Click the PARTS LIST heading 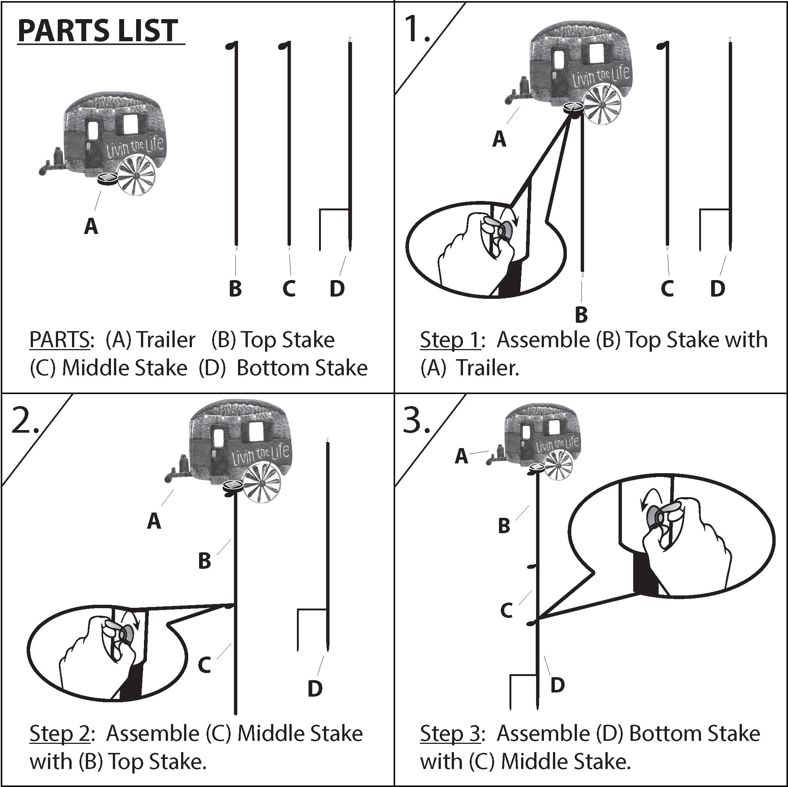coord(98,31)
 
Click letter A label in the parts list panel coord(91,226)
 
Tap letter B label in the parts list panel coord(235,288)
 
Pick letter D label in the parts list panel coord(337,288)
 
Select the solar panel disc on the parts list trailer coord(108,180)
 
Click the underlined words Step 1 coord(450,340)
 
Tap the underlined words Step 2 coord(60,733)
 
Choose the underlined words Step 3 coord(450,733)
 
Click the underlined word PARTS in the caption coord(60,340)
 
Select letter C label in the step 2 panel coord(204,665)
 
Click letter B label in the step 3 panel coord(504,526)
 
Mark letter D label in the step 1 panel coord(718,288)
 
